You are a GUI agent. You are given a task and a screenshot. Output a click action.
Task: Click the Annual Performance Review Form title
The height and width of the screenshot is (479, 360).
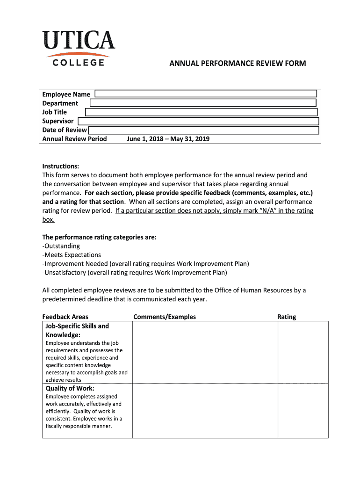(x=238, y=63)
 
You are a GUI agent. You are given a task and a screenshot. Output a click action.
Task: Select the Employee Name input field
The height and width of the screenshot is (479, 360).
(x=206, y=94)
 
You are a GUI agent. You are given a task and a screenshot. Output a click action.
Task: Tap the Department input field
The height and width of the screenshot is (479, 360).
(x=203, y=103)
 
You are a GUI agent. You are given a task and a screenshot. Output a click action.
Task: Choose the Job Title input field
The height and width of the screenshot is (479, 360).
(x=201, y=112)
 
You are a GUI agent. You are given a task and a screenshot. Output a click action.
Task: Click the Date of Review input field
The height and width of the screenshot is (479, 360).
(x=203, y=130)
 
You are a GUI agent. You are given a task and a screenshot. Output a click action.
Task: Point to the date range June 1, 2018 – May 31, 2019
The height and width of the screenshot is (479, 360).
(x=168, y=139)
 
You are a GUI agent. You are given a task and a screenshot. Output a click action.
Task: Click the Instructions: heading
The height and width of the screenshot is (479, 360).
(x=61, y=167)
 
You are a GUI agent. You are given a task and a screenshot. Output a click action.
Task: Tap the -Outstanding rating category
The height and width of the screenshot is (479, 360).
(x=61, y=246)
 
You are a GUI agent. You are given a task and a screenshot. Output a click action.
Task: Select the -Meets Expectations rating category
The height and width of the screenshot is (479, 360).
(x=72, y=255)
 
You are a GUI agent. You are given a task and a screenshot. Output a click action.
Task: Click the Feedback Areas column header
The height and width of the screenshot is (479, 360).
(x=65, y=317)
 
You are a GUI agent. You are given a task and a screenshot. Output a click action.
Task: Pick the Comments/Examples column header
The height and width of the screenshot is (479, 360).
(x=165, y=317)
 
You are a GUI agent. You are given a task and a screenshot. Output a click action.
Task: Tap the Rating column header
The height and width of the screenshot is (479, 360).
(x=287, y=317)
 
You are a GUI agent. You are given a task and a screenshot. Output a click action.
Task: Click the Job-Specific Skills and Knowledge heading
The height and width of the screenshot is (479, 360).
(x=77, y=330)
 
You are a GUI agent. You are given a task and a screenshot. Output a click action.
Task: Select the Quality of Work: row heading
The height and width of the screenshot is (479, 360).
(x=70, y=388)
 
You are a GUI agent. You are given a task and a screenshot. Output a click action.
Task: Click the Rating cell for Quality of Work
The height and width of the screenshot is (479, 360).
(x=303, y=411)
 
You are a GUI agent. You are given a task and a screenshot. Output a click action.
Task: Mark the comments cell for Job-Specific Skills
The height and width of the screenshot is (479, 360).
(x=205, y=352)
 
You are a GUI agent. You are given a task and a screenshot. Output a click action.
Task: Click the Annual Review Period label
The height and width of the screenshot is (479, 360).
(x=75, y=139)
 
